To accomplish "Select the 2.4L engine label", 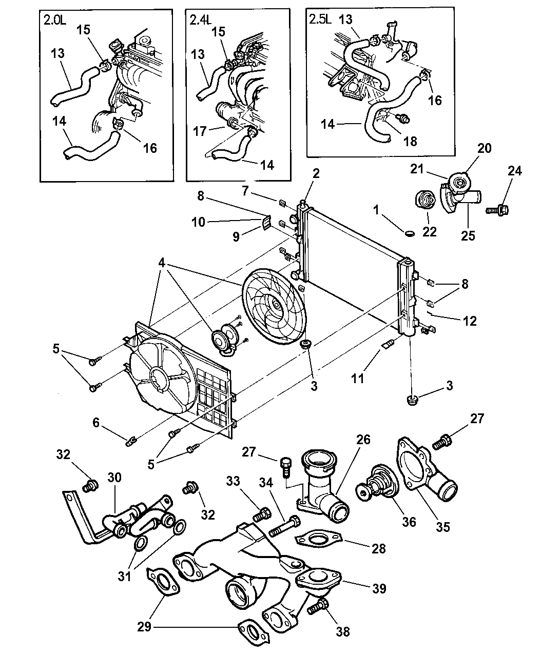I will (x=200, y=20).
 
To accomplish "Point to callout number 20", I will (x=484, y=149).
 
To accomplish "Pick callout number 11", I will (x=372, y=379).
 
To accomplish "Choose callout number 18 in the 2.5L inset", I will (x=410, y=140).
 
